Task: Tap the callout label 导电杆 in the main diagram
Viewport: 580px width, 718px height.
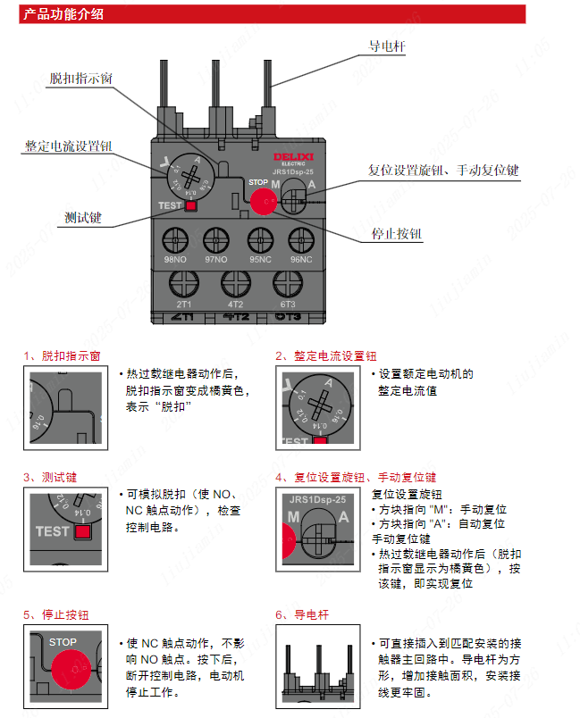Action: click(387, 46)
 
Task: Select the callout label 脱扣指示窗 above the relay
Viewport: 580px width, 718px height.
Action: click(80, 79)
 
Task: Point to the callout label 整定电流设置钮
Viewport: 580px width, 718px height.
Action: click(68, 146)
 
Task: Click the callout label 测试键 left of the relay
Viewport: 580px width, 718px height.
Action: click(83, 217)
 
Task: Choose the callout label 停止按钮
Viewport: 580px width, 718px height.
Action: click(396, 234)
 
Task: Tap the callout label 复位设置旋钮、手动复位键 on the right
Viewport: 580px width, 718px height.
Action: click(443, 170)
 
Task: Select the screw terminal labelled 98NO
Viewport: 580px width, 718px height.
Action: click(174, 239)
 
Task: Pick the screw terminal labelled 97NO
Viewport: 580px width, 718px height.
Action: click(216, 239)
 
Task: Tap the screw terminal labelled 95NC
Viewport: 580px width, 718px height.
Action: click(259, 239)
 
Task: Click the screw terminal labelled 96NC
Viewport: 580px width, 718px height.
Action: click(301, 239)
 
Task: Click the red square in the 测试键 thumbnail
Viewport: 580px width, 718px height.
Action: click(83, 532)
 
